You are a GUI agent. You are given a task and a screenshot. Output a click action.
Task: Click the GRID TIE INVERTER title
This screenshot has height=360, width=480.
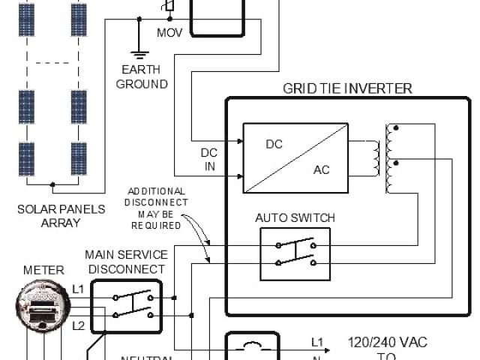pos(347,88)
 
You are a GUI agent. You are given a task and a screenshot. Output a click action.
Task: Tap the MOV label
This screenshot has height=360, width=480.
pos(169,34)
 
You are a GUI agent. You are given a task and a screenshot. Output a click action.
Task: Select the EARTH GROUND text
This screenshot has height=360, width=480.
pos(141,77)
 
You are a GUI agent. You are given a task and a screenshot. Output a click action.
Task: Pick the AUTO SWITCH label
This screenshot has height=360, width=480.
pos(295,217)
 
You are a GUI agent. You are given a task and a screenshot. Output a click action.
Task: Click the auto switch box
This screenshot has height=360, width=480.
pos(294,253)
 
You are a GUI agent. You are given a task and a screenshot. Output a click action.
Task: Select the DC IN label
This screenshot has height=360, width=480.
pos(209,159)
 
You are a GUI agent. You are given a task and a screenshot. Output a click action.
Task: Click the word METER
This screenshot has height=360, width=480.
pos(44,270)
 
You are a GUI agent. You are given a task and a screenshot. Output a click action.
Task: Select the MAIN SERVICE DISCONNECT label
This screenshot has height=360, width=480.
pos(125,262)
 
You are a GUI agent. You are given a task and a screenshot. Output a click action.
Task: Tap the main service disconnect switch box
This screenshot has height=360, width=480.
pos(127,306)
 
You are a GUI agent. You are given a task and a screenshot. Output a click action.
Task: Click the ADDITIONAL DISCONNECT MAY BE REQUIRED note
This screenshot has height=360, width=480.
pos(157,208)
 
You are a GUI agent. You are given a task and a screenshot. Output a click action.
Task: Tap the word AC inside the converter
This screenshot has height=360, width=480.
pos(321,170)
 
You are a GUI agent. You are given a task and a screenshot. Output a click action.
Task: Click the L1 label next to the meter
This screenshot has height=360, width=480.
pos(79,288)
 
